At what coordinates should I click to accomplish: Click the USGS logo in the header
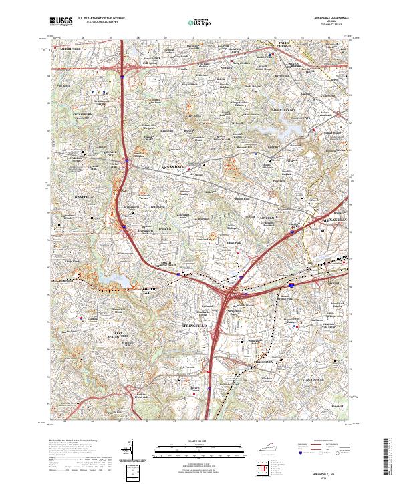(x=61, y=22)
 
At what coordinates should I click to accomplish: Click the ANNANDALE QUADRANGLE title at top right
(x=326, y=18)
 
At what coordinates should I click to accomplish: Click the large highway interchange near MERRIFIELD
(x=124, y=65)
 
